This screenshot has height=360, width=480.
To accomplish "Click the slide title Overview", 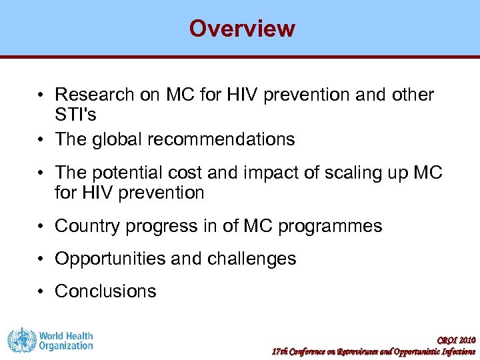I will click(x=241, y=29).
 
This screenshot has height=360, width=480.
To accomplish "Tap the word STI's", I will click(x=75, y=115).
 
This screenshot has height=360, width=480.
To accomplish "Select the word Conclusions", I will click(x=105, y=291).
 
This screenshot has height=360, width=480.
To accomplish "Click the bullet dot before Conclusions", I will click(x=42, y=291).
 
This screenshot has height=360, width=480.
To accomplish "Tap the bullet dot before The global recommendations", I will click(x=42, y=139).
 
